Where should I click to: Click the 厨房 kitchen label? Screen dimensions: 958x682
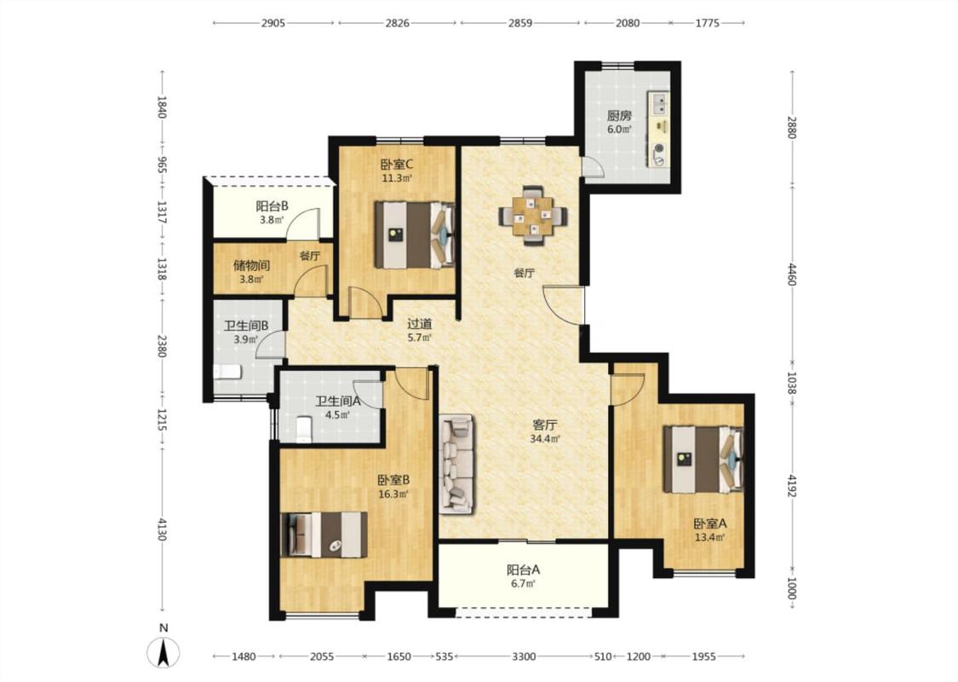[619, 115]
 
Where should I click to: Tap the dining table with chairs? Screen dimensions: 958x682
[533, 216]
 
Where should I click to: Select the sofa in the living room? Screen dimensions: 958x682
[456, 465]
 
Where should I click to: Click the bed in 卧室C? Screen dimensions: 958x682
[415, 235]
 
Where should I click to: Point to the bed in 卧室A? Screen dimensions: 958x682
[703, 459]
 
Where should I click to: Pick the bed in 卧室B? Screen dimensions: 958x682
[324, 535]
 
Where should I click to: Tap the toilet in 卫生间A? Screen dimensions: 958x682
[304, 430]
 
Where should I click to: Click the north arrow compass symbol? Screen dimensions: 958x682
[163, 652]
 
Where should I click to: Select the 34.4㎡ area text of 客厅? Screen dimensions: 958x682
[545, 438]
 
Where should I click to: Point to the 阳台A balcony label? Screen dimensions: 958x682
[524, 569]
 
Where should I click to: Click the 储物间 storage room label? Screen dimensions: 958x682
[252, 265]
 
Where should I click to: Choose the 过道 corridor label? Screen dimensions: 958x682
[420, 324]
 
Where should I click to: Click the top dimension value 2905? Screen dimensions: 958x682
[273, 23]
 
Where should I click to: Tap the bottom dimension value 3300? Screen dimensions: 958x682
[524, 656]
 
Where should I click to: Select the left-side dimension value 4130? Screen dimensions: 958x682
[162, 529]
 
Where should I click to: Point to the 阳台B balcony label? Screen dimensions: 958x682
[272, 206]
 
